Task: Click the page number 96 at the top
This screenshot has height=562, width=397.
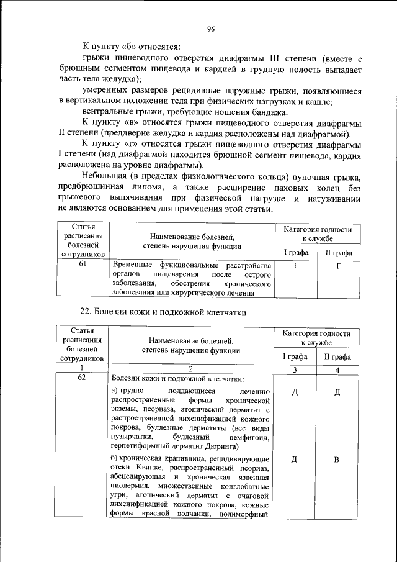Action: coord(211,29)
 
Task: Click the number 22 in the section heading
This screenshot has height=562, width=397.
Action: coord(87,310)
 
